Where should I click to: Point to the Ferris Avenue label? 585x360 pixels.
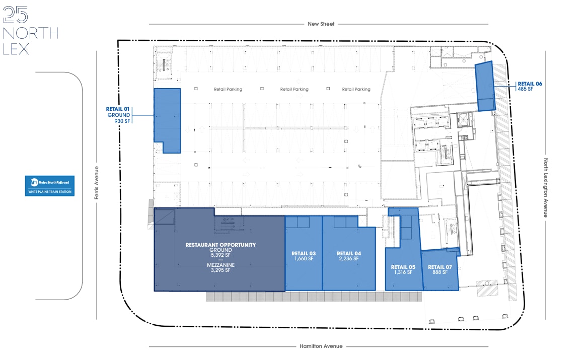click(x=97, y=183)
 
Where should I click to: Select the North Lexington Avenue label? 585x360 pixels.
click(x=545, y=188)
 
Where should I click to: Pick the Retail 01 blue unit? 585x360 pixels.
click(x=167, y=120)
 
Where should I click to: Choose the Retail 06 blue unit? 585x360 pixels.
click(x=486, y=86)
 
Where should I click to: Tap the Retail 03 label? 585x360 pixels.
click(x=304, y=253)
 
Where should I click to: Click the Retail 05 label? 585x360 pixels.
click(x=403, y=267)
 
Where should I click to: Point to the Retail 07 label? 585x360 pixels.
click(x=440, y=267)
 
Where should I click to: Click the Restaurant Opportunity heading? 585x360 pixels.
click(x=221, y=245)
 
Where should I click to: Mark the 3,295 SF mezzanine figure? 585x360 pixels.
click(x=221, y=270)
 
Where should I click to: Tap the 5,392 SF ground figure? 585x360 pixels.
click(x=221, y=255)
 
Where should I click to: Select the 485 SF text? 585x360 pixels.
click(x=525, y=89)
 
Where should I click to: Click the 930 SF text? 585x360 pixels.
click(x=123, y=121)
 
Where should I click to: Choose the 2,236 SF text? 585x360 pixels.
click(x=349, y=259)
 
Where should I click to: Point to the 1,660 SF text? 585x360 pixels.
click(x=304, y=259)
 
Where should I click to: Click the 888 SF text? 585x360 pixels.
click(x=440, y=272)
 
